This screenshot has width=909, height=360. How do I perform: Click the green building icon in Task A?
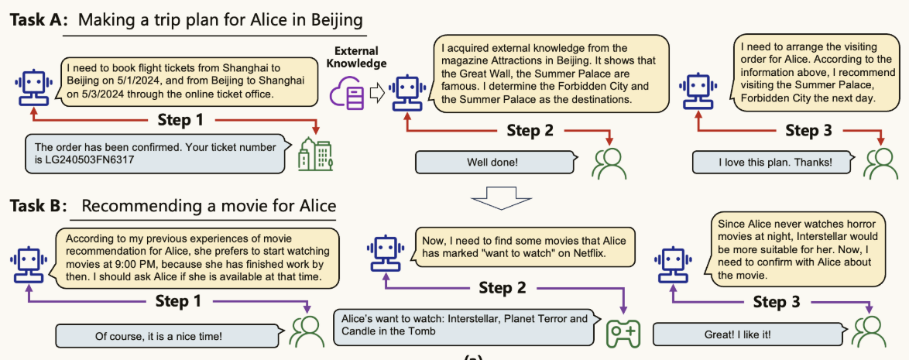314,155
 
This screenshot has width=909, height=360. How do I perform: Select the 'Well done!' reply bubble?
496,163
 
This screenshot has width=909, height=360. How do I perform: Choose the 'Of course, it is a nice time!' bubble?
160,335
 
